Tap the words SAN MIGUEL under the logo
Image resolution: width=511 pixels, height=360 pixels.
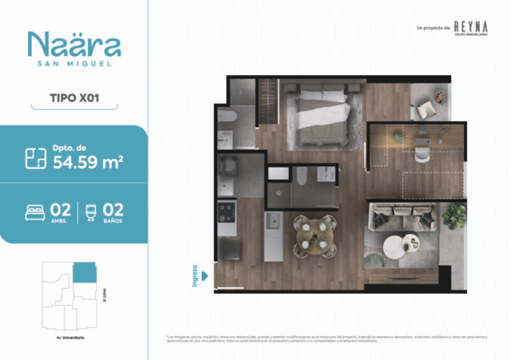pyautogui.click(x=74, y=64)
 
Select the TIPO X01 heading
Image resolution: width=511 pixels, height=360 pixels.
pyautogui.click(x=74, y=98)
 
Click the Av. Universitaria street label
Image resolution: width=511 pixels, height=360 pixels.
pyautogui.click(x=66, y=338)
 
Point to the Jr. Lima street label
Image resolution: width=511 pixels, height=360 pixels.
pyautogui.click(x=104, y=293)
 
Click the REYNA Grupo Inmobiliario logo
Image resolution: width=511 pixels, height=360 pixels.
pyautogui.click(x=470, y=27)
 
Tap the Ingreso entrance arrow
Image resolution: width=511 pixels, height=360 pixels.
pyautogui.click(x=204, y=275)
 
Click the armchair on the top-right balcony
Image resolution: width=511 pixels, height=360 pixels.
pyautogui.click(x=426, y=109)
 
